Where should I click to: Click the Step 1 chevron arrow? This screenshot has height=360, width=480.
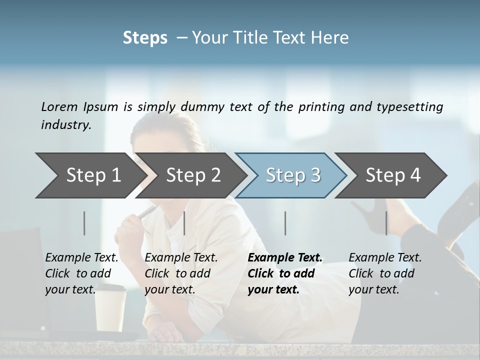pyautogui.click(x=90, y=175)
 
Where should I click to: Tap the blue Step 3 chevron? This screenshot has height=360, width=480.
pyautogui.click(x=292, y=175)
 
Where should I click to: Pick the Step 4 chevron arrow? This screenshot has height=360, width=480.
pyautogui.click(x=392, y=175)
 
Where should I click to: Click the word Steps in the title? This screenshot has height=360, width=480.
pyautogui.click(x=145, y=38)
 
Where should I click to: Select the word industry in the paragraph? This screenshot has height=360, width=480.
pyautogui.click(x=65, y=125)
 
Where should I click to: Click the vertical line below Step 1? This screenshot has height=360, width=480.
pyautogui.click(x=84, y=223)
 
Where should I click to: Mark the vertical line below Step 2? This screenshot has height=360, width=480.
pyautogui.click(x=184, y=223)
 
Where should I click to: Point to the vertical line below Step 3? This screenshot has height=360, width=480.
pyautogui.click(x=285, y=223)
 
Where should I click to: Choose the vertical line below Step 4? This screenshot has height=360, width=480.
pyautogui.click(x=386, y=223)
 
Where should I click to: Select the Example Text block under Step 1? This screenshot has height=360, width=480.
pyautogui.click(x=81, y=273)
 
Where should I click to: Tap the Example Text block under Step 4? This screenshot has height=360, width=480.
pyautogui.click(x=385, y=273)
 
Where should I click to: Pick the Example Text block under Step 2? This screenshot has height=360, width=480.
pyautogui.click(x=181, y=273)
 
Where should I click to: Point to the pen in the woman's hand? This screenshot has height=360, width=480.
pyautogui.click(x=149, y=211)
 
